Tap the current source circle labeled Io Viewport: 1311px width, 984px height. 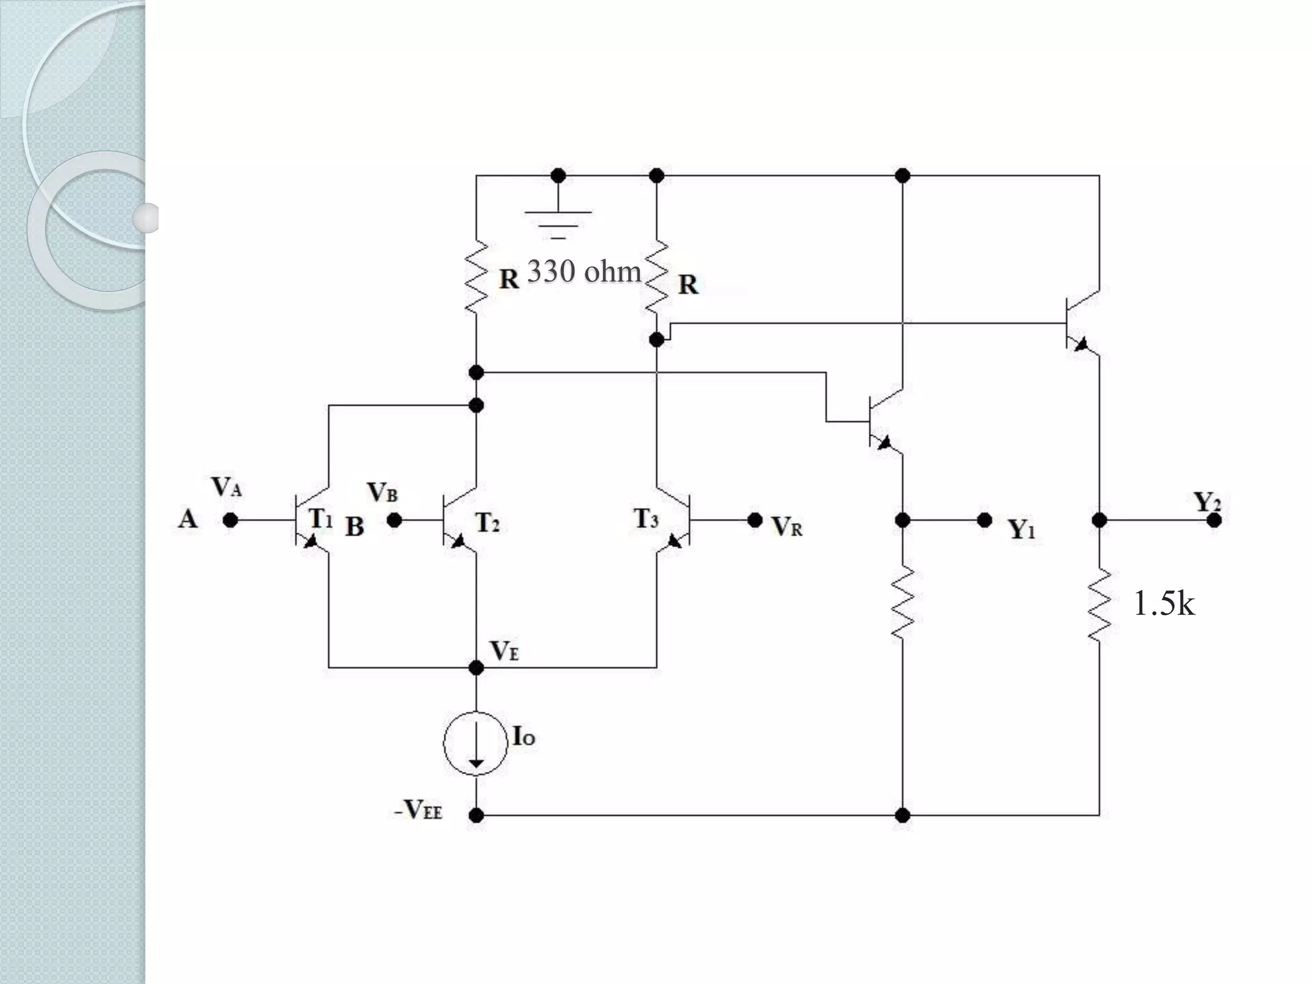[476, 743]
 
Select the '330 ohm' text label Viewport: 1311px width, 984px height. [583, 272]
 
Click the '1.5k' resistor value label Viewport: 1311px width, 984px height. [1163, 603]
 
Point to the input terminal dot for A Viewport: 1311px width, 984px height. [230, 520]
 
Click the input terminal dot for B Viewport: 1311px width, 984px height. [394, 520]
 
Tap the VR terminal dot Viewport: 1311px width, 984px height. [755, 520]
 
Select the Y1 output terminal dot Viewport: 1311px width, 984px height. [985, 520]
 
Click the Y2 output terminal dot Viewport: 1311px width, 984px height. [1214, 520]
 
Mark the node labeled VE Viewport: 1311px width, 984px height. [476, 668]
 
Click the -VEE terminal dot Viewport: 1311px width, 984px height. [476, 815]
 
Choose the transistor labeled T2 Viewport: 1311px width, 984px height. [458, 520]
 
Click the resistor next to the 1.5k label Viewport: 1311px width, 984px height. [1099, 603]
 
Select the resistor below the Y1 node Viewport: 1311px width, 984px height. [902, 602]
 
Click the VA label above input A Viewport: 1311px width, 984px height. [227, 487]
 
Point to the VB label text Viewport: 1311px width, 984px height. [382, 493]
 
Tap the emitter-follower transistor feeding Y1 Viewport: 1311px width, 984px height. [883, 422]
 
